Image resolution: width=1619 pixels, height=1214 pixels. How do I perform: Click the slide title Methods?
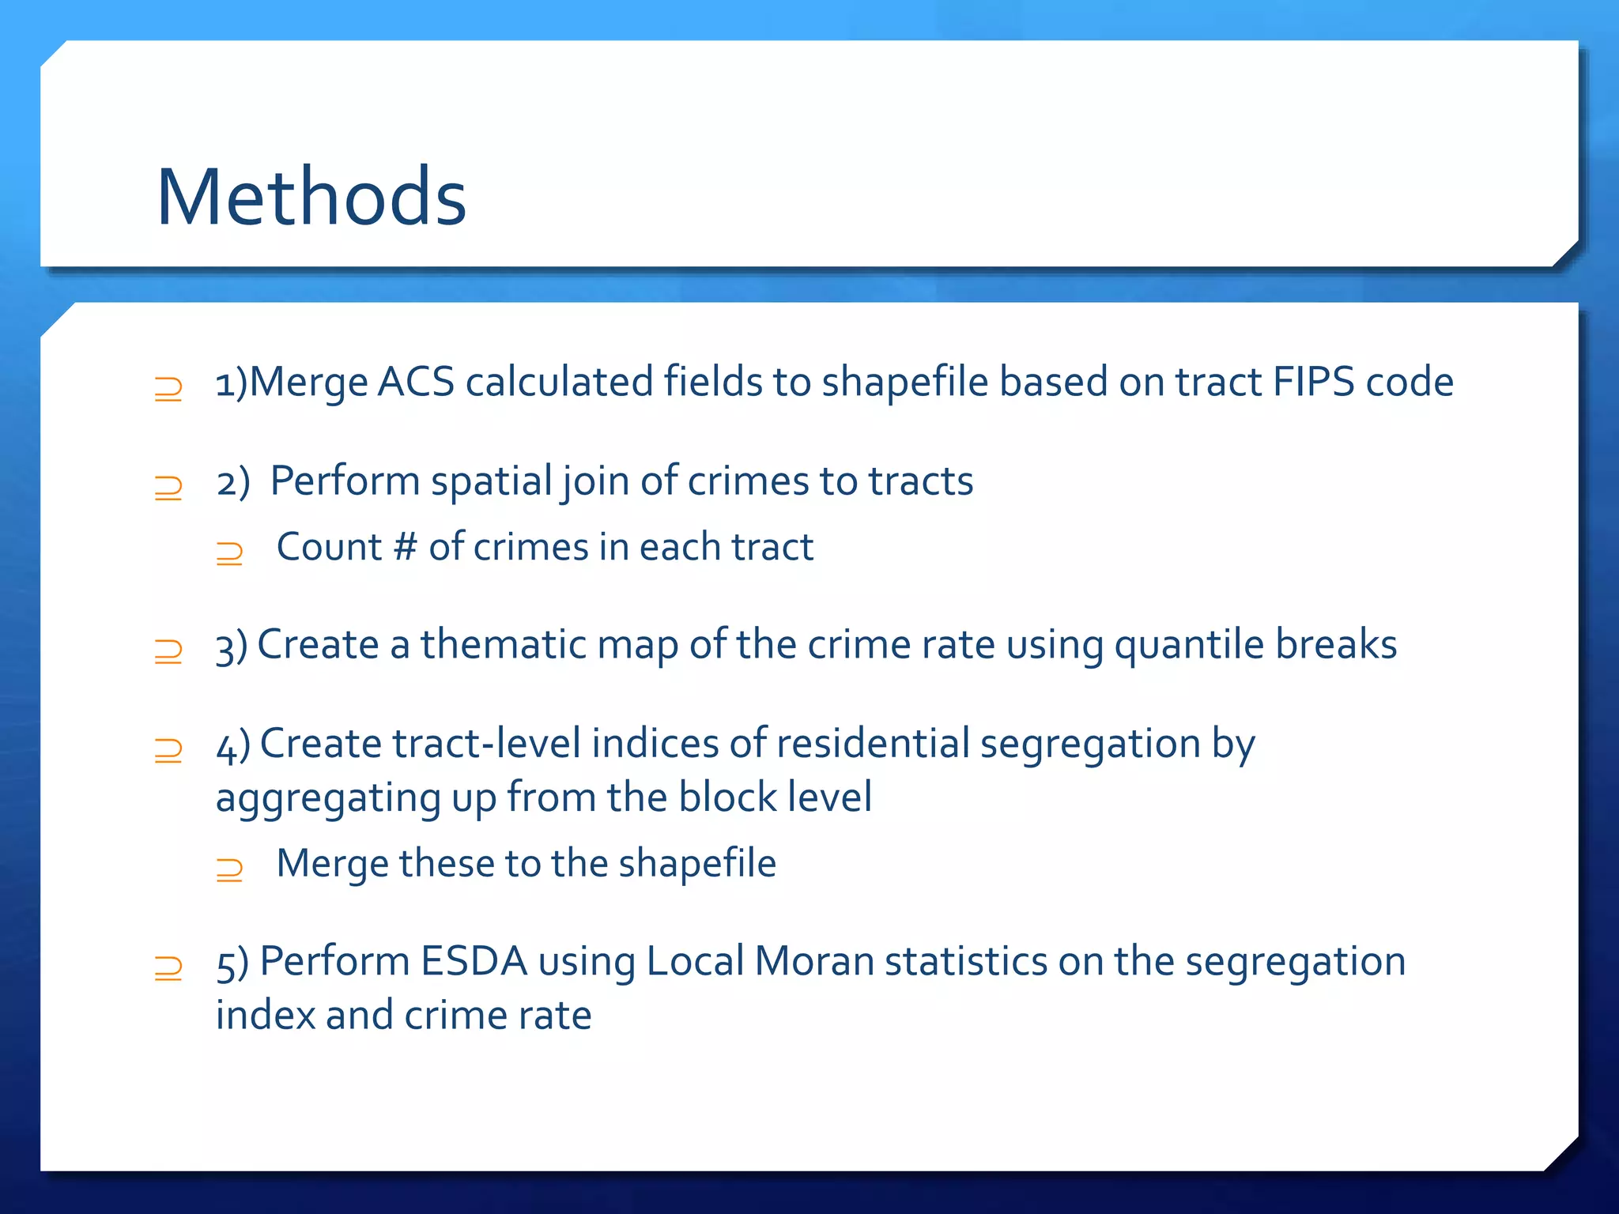coord(311,198)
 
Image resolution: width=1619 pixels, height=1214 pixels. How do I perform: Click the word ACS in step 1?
coord(416,382)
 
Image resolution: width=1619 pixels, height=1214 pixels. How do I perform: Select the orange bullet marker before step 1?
coord(168,389)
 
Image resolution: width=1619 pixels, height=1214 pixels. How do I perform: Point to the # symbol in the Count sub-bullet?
coord(405,547)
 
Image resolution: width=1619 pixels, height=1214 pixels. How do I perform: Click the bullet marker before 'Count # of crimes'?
coord(229,553)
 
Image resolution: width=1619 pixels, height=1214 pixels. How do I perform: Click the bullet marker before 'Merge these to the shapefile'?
coord(229,869)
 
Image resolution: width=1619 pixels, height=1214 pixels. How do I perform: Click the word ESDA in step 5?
coord(474,962)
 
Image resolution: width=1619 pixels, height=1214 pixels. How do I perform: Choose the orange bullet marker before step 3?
coord(168,650)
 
